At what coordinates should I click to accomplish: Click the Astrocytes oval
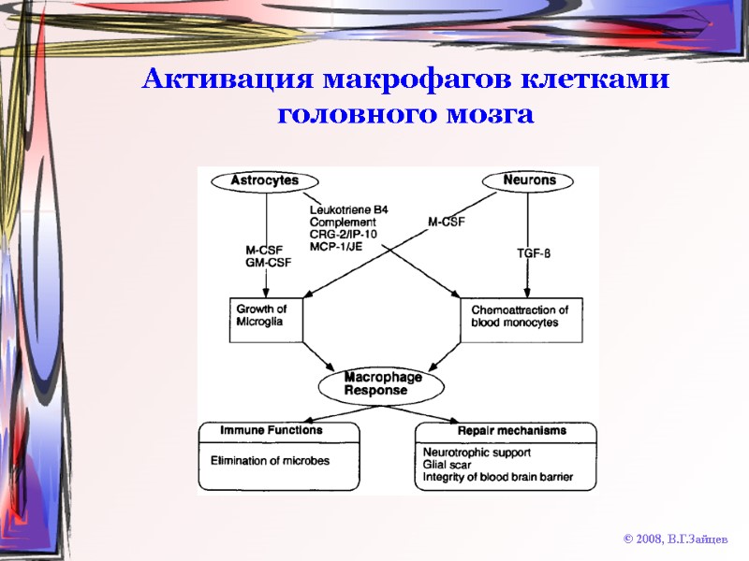pos(266,180)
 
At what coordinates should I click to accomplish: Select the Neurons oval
pos(529,180)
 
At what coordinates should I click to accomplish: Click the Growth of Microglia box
pos(269,316)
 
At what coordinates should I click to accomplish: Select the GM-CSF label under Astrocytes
pos(266,264)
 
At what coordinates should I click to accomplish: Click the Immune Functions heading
pos(271,431)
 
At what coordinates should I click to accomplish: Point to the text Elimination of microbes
pos(270,461)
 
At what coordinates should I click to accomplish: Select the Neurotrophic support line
pos(477,453)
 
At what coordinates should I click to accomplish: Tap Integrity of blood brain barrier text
pos(497,477)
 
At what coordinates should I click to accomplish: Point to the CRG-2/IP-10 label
pos(344,234)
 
